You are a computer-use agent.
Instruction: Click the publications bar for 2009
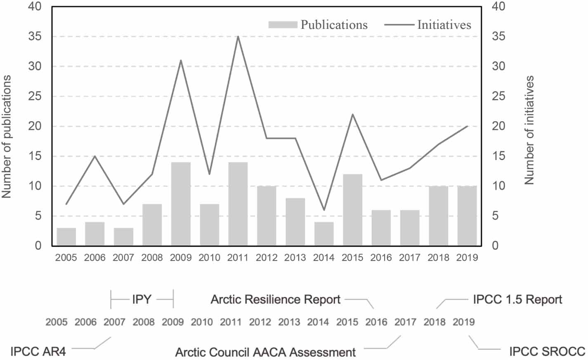[181, 204]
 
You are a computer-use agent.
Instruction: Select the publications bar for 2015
[352, 210]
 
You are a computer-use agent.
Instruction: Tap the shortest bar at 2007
[123, 237]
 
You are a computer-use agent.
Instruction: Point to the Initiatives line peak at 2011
[238, 37]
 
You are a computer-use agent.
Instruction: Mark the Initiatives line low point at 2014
[324, 210]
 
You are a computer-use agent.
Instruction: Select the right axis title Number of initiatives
[529, 130]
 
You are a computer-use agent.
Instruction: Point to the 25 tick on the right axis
[498, 96]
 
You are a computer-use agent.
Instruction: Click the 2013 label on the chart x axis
[295, 258]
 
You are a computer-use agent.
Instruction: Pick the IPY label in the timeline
[142, 299]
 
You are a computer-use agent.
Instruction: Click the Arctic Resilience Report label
[275, 299]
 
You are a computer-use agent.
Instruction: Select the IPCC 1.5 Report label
[517, 299]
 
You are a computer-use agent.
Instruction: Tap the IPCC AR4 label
[38, 352]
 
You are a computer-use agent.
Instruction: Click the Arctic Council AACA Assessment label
[265, 352]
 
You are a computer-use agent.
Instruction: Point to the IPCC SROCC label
[547, 351]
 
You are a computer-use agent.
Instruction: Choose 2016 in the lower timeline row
[376, 322]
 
